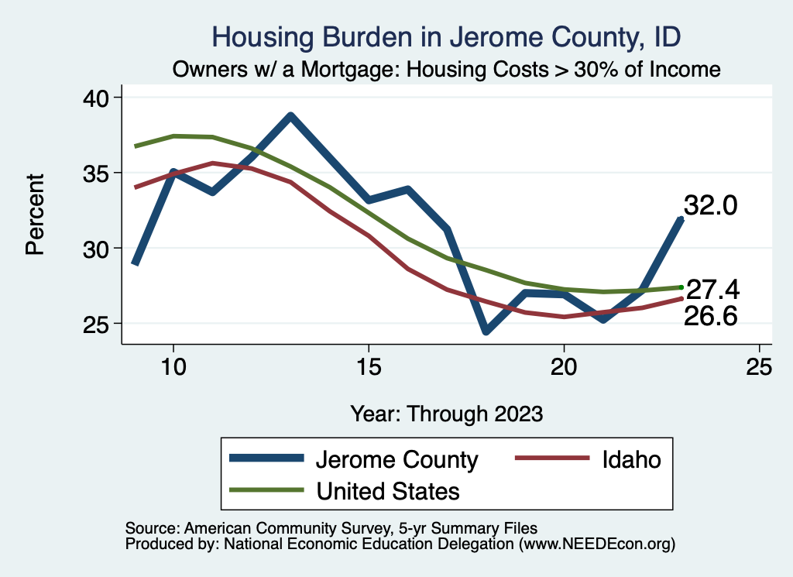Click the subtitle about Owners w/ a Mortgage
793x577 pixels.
point(446,70)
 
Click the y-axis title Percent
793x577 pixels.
point(35,225)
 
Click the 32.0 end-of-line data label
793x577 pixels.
point(709,206)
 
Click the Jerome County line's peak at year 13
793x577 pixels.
point(290,116)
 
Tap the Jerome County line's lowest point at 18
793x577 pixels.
point(486,331)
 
